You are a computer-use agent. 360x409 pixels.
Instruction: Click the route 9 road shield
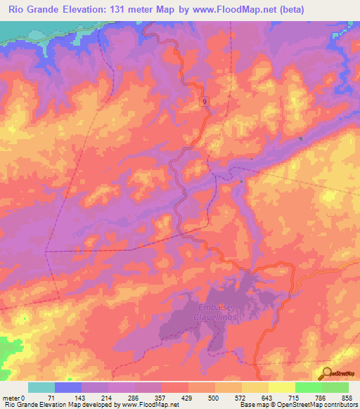coord(205,103)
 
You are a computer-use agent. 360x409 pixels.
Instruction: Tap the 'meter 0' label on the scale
coord(14,398)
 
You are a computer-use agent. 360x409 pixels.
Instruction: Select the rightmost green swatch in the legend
coord(335,387)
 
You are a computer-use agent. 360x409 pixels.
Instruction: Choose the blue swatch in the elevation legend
coord(67,387)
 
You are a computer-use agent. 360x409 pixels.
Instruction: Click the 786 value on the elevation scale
coord(321,398)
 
